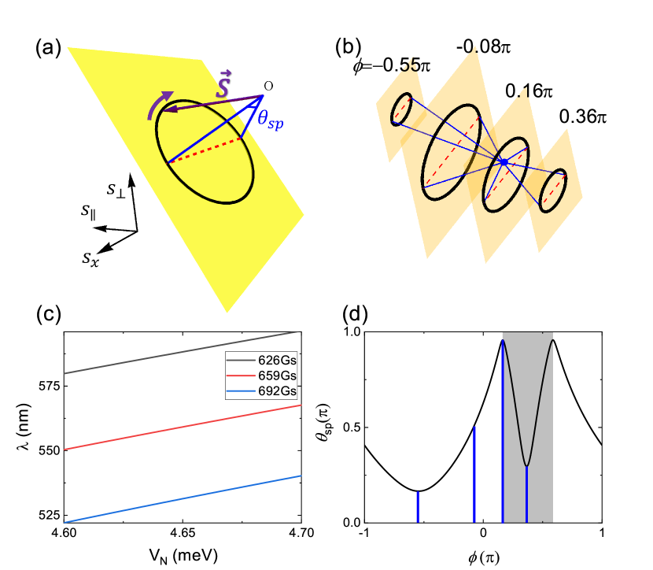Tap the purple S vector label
tap(223, 86)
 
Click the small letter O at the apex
tap(268, 85)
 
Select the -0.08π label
tap(483, 47)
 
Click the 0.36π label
tap(583, 117)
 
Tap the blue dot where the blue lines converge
tap(504, 161)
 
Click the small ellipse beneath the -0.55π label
tap(401, 109)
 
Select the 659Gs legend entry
tap(271, 376)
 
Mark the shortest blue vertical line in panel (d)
tap(419, 506)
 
